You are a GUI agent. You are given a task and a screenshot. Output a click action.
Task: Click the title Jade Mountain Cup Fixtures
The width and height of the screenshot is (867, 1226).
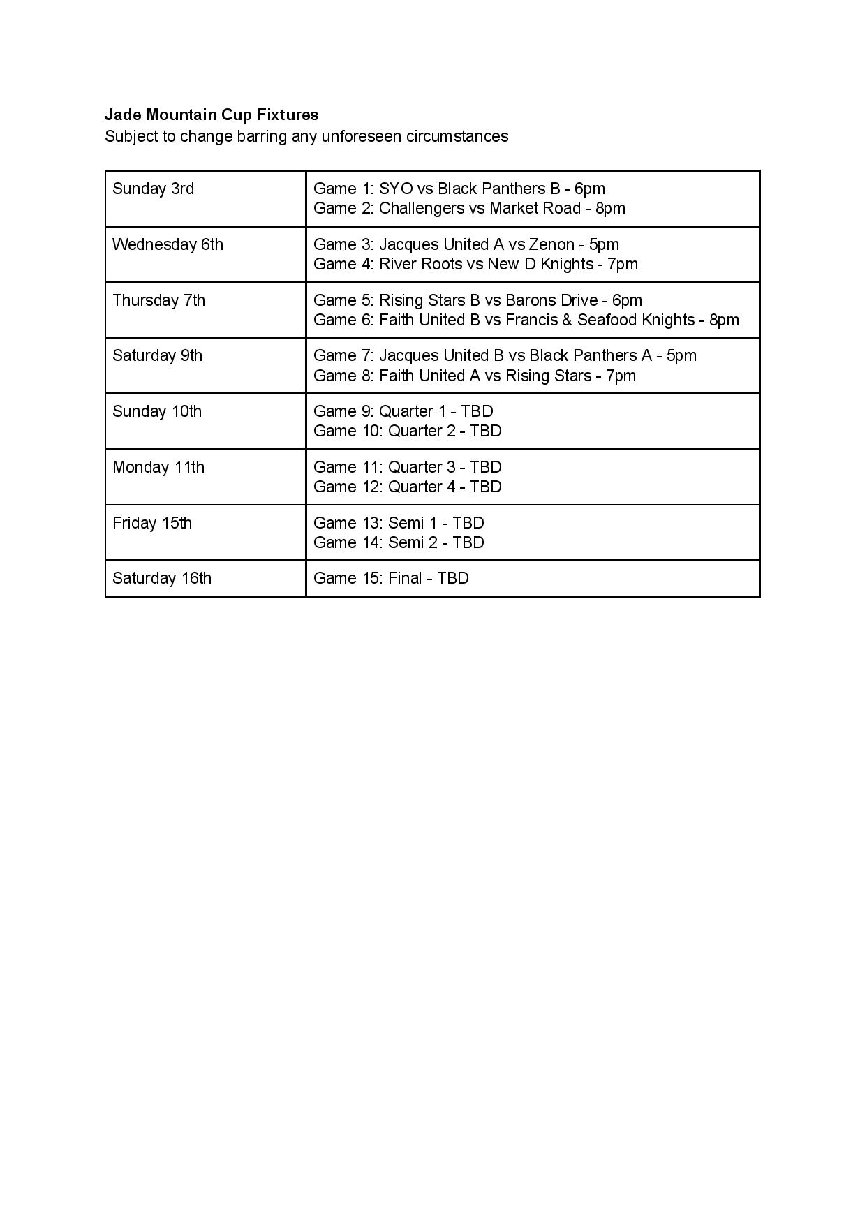pos(212,115)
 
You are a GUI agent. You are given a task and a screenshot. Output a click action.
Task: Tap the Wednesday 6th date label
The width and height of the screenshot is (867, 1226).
pos(168,244)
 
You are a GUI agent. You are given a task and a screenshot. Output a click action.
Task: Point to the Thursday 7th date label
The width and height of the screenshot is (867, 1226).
pos(158,300)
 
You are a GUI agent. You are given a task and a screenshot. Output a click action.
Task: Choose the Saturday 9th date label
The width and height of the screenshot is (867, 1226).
pos(157,355)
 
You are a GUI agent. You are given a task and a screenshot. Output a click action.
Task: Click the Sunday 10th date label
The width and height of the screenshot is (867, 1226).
pos(157,411)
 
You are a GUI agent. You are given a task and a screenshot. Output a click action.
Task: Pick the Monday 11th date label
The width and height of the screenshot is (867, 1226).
pos(158,467)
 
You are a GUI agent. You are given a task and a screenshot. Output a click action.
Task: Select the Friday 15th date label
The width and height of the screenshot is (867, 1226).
pos(152,523)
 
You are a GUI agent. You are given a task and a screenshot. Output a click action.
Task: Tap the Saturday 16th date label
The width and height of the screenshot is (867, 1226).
pos(162,578)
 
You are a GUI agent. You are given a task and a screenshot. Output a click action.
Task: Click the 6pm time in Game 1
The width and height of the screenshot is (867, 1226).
pos(590,189)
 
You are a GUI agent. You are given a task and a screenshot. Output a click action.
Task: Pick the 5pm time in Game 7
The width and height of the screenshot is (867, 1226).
pos(681,355)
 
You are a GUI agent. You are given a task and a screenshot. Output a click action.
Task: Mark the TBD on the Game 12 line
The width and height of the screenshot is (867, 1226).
pos(486,487)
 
